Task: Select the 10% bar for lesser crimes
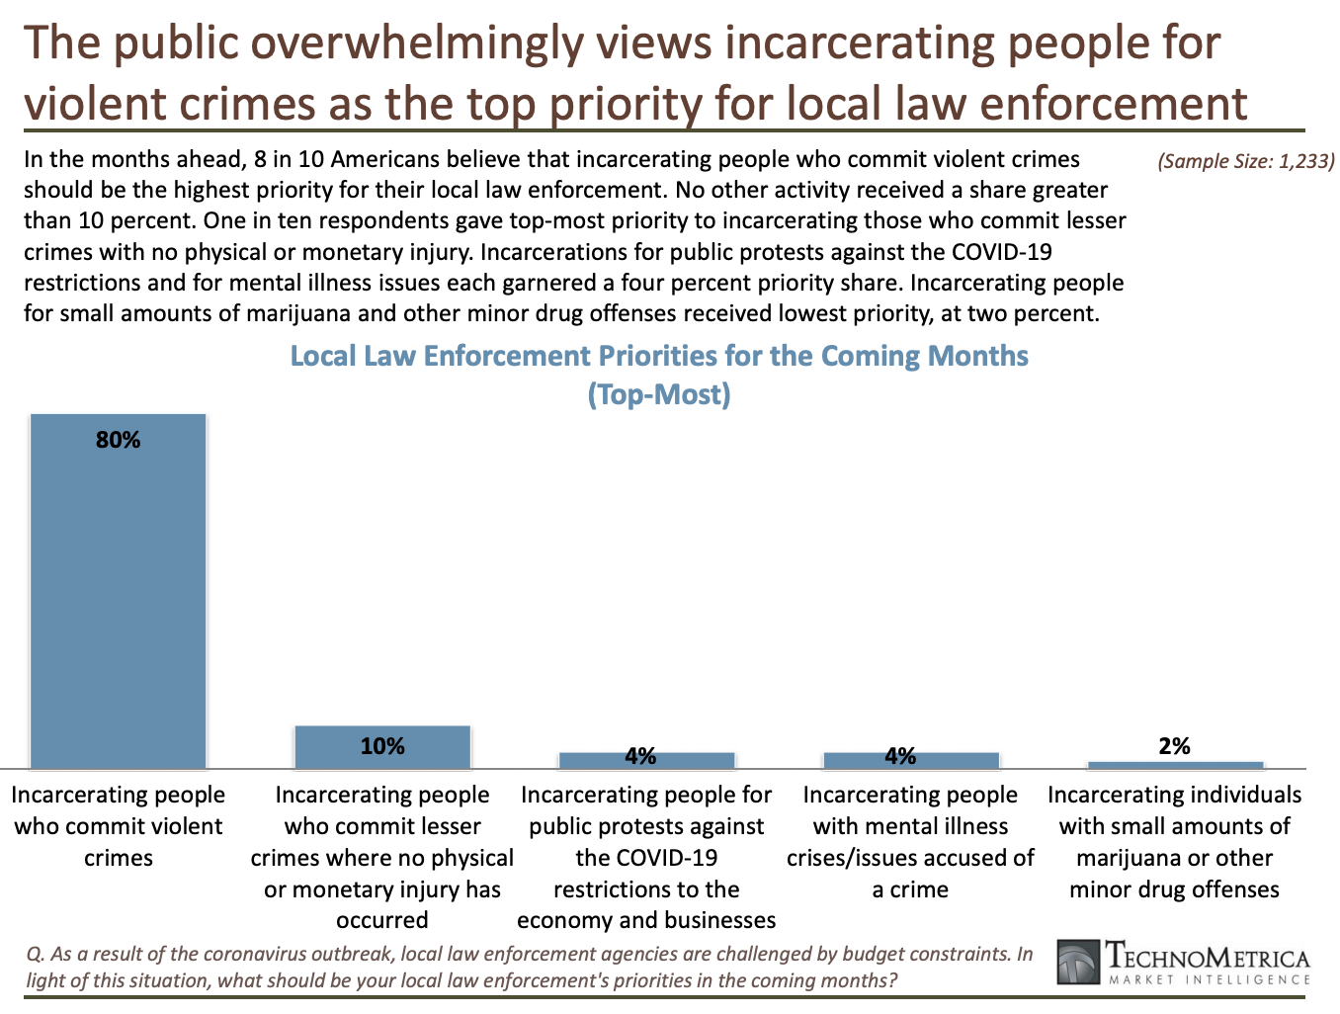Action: (x=382, y=747)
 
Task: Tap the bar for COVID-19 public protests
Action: (x=646, y=761)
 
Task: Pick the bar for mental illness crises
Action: (x=910, y=761)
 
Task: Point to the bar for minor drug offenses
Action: (x=1175, y=765)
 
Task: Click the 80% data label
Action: (x=119, y=441)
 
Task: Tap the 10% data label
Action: (x=382, y=746)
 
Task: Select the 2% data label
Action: (x=1175, y=746)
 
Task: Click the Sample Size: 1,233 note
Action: (x=1246, y=161)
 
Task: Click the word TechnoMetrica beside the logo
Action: (x=1208, y=957)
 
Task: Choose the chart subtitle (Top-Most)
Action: (x=659, y=394)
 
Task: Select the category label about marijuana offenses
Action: (x=1175, y=842)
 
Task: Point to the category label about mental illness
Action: (x=910, y=842)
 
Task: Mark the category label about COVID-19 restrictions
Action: (x=646, y=858)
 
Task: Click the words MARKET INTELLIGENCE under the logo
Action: (x=1209, y=979)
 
